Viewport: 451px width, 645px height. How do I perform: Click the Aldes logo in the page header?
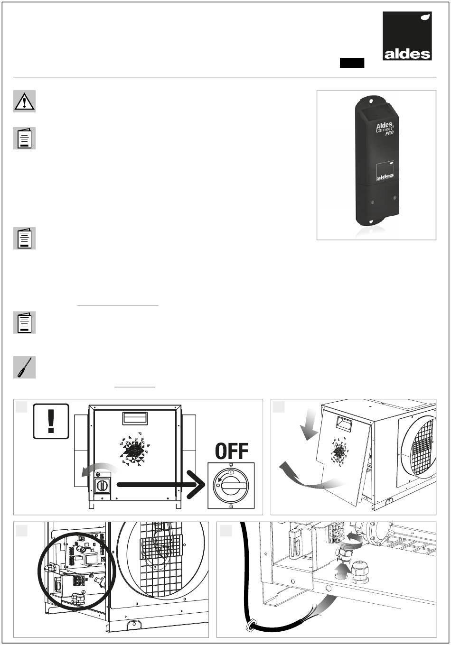pos(407,36)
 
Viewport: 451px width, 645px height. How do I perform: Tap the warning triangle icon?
pos(25,101)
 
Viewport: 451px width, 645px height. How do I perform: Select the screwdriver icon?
pos(25,367)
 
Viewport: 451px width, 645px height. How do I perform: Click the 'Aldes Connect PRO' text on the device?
pos(385,128)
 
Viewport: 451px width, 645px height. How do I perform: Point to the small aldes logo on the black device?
pos(385,171)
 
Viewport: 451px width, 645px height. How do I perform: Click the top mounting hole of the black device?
pos(371,101)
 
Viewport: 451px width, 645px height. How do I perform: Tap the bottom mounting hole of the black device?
pos(371,221)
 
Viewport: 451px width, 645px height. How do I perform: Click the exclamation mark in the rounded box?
pos(51,421)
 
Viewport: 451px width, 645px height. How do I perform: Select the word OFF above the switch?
pos(232,451)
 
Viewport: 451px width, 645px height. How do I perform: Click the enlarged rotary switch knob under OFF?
pos(231,486)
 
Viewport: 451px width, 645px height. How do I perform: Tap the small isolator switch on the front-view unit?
pos(102,486)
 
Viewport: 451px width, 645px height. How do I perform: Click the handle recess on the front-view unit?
pos(134,418)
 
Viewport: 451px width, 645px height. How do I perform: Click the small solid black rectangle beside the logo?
pos(352,63)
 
